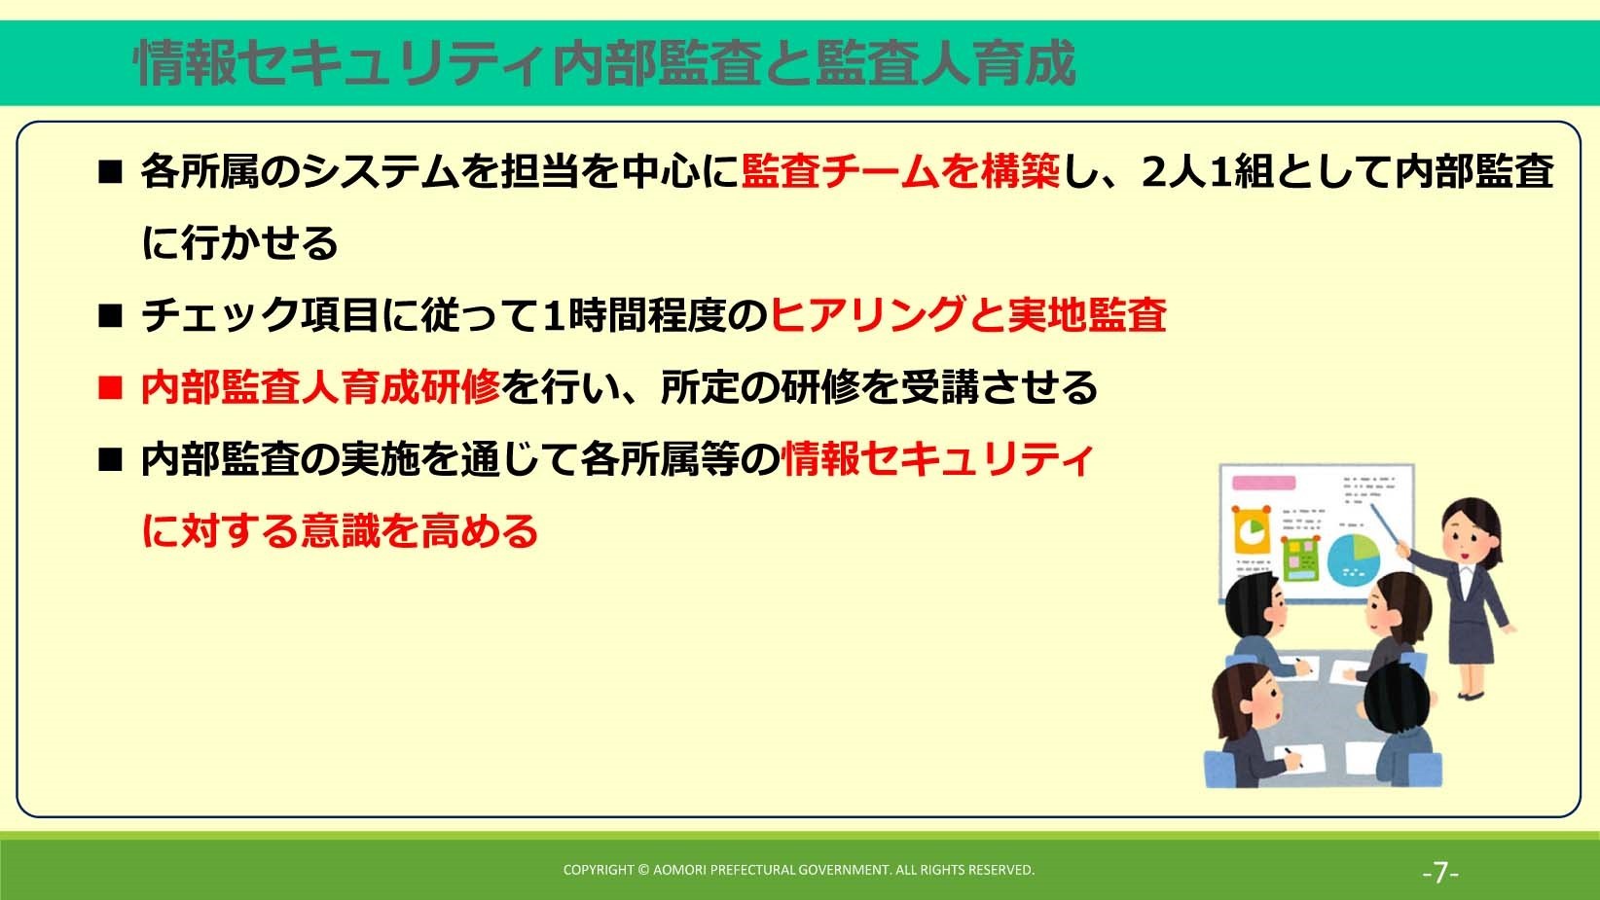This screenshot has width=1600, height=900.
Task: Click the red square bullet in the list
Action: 110,388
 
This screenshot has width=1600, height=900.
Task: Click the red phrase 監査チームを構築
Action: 900,172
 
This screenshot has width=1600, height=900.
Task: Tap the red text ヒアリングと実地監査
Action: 968,315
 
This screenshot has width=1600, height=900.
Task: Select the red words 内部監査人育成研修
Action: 320,388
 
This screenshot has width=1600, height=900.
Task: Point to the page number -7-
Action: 1440,872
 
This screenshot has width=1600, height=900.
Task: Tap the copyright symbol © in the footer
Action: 643,870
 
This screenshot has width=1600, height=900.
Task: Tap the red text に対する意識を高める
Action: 340,530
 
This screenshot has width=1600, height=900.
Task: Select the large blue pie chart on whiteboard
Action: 1353,558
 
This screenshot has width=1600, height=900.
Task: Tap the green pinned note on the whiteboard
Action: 1300,558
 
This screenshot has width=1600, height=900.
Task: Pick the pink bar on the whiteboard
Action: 1264,483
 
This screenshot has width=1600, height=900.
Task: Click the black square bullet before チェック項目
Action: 110,315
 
